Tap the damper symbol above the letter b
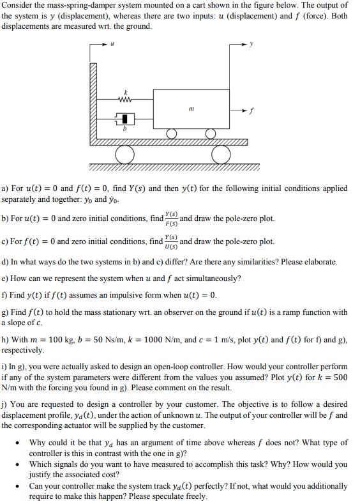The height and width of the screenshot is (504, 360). [126, 119]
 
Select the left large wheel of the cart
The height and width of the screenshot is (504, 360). [124, 154]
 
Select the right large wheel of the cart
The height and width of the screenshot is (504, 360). [221, 154]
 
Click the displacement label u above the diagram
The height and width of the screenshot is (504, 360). [112, 44]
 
